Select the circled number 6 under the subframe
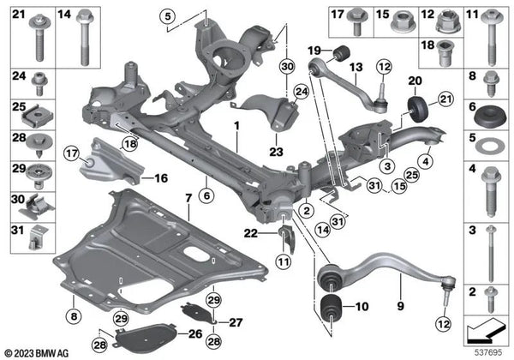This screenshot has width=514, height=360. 206,195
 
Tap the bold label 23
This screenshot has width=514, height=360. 276,152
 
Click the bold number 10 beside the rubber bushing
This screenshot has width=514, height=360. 362,307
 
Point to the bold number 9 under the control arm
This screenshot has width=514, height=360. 401,306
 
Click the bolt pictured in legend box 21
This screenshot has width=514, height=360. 39,38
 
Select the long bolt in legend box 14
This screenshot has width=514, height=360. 85,37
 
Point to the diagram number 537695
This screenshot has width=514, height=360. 489,353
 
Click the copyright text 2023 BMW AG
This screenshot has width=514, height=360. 37,353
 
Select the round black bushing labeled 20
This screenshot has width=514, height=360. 418,110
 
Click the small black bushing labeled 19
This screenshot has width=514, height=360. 342,52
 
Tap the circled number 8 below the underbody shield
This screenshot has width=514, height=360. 74,316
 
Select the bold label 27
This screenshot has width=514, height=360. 236,322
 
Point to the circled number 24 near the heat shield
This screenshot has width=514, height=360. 302,92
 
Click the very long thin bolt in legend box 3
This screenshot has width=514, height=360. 490,254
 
